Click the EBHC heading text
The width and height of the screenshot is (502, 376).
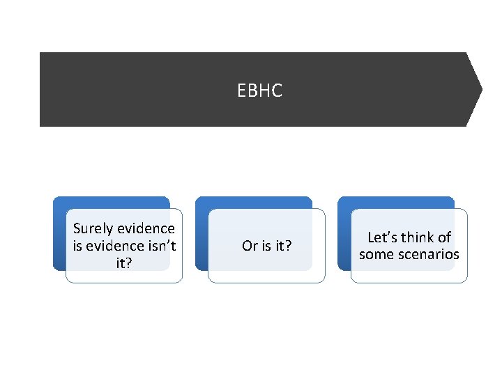click(259, 91)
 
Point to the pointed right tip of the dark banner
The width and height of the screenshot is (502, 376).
click(480, 89)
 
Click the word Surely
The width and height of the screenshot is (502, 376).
click(94, 228)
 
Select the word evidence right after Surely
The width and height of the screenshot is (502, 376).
click(146, 228)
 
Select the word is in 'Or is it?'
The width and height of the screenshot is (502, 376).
click(266, 246)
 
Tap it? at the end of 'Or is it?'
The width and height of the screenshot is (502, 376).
click(284, 246)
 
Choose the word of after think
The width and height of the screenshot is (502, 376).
click(445, 237)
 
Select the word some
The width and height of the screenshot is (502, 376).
click(375, 254)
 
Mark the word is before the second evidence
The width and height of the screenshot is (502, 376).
click(77, 245)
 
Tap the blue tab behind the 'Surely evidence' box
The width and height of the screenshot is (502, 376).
click(112, 202)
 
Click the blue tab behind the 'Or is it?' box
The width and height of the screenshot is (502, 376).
click(254, 202)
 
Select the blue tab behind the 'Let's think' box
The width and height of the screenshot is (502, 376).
click(396, 202)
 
